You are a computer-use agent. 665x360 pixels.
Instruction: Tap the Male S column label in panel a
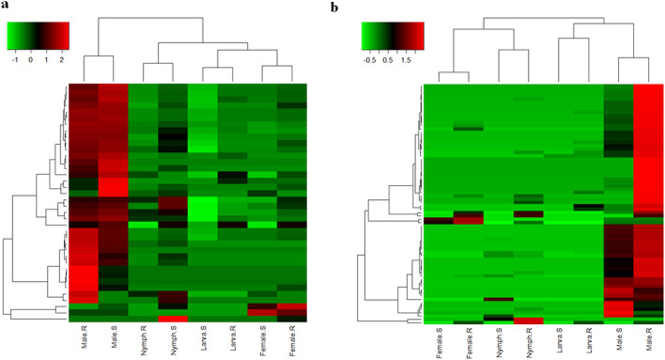[x=115, y=341]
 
